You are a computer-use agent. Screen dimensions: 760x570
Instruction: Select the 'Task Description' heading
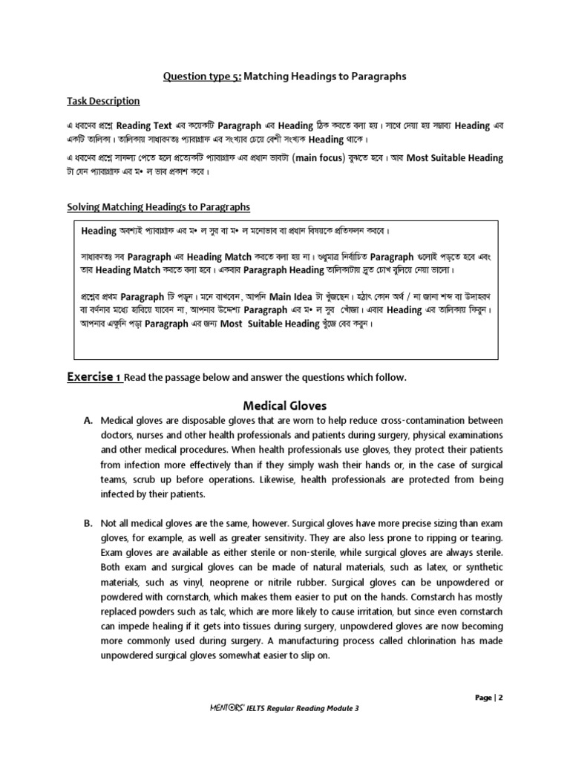(103, 101)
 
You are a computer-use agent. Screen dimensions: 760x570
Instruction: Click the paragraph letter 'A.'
(88, 421)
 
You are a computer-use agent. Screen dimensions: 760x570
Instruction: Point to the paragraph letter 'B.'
(88, 523)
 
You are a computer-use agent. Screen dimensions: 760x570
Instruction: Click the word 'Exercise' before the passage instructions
(89, 377)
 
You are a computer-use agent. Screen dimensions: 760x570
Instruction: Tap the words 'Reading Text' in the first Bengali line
(145, 126)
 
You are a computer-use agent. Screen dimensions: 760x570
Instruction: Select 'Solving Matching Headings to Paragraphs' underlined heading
(158, 207)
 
